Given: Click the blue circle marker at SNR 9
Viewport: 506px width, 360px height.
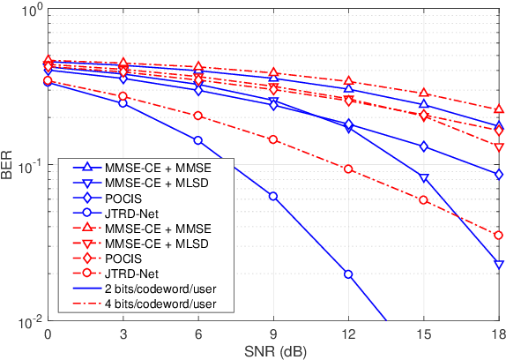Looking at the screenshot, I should (x=273, y=196).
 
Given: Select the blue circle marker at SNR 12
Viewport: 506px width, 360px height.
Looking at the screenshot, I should (x=348, y=274).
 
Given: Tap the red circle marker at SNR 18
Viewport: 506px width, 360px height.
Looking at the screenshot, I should (x=499, y=235).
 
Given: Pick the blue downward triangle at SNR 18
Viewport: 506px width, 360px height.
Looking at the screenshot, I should (x=499, y=265).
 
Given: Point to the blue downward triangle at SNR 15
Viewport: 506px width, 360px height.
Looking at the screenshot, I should (x=424, y=178).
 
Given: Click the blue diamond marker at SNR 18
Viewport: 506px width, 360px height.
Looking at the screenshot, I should (x=499, y=175).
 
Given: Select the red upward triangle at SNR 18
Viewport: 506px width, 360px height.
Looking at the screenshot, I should (x=499, y=109).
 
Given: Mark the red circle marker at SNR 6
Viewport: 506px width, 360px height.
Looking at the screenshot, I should (x=198, y=116).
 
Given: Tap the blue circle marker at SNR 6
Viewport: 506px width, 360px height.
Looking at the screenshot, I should (x=198, y=140).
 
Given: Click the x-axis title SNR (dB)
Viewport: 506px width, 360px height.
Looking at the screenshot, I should (x=273, y=351).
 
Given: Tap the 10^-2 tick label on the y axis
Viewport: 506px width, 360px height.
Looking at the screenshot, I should (x=26, y=322).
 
